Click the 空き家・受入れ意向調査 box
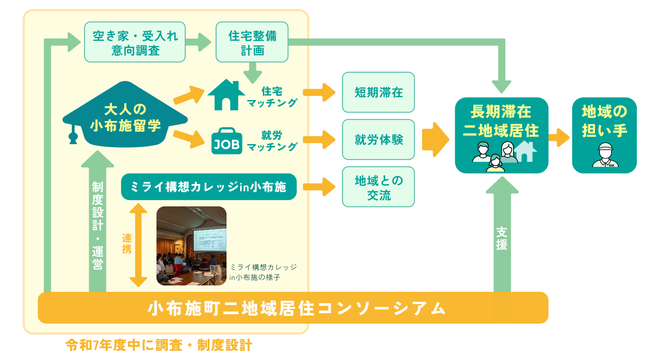[135, 42]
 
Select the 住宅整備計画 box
[252, 42]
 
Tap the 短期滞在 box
[378, 92]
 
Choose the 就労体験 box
[378, 140]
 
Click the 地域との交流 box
[378, 187]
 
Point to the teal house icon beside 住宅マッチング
[227, 95]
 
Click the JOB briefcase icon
[227, 141]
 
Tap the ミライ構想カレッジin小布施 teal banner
[209, 187]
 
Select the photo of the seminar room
[191, 246]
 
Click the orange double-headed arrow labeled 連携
[138, 245]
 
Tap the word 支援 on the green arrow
[502, 239]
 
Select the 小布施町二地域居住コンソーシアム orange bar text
[297, 308]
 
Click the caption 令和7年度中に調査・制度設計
[159, 345]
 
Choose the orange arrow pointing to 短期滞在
[319, 92]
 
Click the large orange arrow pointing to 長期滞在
[436, 140]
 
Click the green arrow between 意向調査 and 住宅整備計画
[198, 42]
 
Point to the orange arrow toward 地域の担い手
[559, 137]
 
